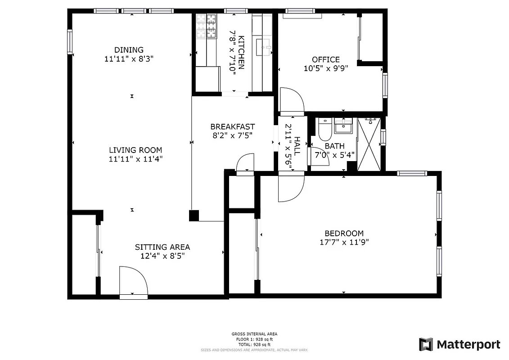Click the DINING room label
(129, 50)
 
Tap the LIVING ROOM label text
(135, 150)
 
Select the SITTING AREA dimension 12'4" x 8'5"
(162, 256)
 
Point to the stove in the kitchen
(206, 26)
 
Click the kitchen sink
(265, 46)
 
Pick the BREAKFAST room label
(232, 127)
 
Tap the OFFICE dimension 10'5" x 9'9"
(326, 68)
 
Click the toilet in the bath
(324, 129)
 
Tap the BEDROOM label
(344, 233)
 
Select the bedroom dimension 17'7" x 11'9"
(344, 242)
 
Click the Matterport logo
(459, 344)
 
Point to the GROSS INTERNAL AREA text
(254, 334)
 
